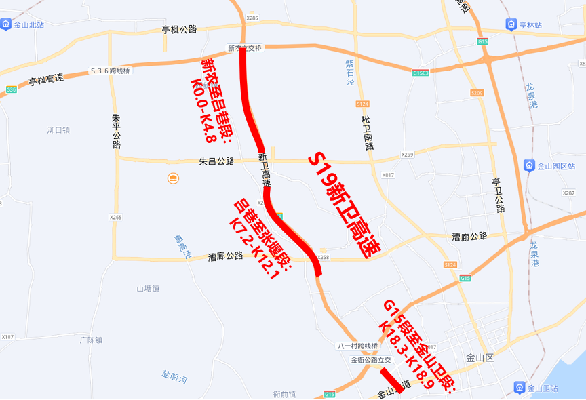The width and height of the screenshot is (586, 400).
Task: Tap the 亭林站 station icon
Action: (x=511, y=25)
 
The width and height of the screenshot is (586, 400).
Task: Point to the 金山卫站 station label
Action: (x=545, y=388)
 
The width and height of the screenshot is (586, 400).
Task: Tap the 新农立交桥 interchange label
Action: (x=244, y=48)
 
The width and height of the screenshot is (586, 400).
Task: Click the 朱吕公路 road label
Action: (x=216, y=161)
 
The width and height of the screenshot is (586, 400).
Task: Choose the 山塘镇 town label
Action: (x=147, y=288)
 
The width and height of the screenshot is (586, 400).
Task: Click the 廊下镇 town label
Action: (x=90, y=340)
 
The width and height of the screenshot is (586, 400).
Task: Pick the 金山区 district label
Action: (x=483, y=357)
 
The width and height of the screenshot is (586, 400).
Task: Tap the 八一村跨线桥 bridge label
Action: (x=357, y=346)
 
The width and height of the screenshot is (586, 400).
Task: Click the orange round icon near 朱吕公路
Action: (x=173, y=178)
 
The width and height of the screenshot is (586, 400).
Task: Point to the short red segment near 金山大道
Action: (x=391, y=380)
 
